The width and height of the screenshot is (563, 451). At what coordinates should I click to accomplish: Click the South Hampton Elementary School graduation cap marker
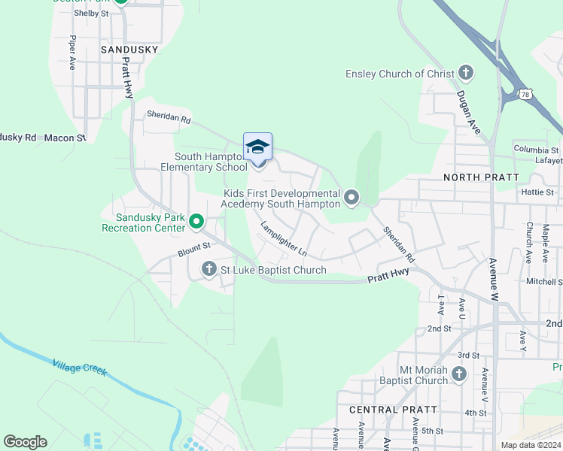pos(257,146)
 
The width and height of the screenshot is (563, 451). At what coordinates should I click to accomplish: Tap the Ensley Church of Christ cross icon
pos(466,74)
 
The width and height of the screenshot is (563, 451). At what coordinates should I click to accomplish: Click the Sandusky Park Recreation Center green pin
pos(196,221)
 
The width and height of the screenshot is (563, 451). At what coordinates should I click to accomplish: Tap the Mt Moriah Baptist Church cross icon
pos(460,374)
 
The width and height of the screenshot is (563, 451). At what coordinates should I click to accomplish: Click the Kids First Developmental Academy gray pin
pos(351,198)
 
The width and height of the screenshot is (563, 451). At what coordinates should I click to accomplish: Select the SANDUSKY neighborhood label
pos(129,50)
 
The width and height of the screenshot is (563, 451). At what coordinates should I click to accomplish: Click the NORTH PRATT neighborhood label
pos(481,177)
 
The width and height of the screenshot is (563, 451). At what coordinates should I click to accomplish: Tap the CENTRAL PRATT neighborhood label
pos(393,410)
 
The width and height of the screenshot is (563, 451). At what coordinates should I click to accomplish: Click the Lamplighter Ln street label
pos(284,237)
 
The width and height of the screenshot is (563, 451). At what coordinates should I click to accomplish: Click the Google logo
pos(25,442)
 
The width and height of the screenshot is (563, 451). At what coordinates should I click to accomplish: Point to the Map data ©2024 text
pos(531,445)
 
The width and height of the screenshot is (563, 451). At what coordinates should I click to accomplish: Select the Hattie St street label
pos(537,192)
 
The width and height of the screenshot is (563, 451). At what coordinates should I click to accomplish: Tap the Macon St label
pos(65,138)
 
